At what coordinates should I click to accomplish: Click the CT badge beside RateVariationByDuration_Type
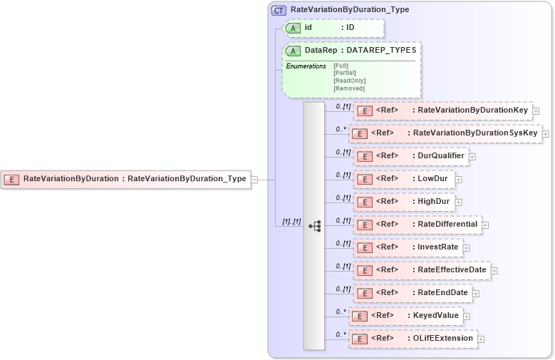pos(279,10)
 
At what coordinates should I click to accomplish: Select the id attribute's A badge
pos(293,28)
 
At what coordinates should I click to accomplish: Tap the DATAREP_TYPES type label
pos(381,51)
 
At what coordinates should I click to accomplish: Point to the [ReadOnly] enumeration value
pos(349,81)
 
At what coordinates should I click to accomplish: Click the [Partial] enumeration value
pos(344,73)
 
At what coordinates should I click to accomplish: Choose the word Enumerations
pos(306,66)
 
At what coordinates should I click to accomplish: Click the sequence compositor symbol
pos(314,226)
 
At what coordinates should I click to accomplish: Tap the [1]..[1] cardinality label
pos(292,222)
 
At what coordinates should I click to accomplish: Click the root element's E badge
pos(11,179)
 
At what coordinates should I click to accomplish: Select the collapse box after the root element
pos(254,179)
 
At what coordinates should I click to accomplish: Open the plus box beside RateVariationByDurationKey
pos(536,111)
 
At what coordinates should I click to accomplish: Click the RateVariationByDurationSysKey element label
pos(475,133)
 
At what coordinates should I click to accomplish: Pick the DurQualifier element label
pos(441,156)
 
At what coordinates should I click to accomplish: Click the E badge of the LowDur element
pos(364,180)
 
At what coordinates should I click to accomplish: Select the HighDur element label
pos(432,202)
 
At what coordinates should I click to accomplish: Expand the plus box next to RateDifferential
pos(485,225)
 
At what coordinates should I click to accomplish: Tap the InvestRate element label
pos(437,247)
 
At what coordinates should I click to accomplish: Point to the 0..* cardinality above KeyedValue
pos(341,311)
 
